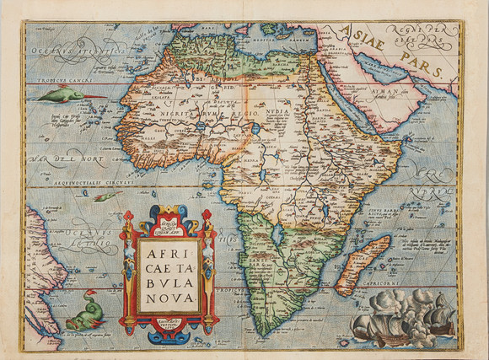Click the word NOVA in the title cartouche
(164, 298)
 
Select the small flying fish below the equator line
(104, 197)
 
